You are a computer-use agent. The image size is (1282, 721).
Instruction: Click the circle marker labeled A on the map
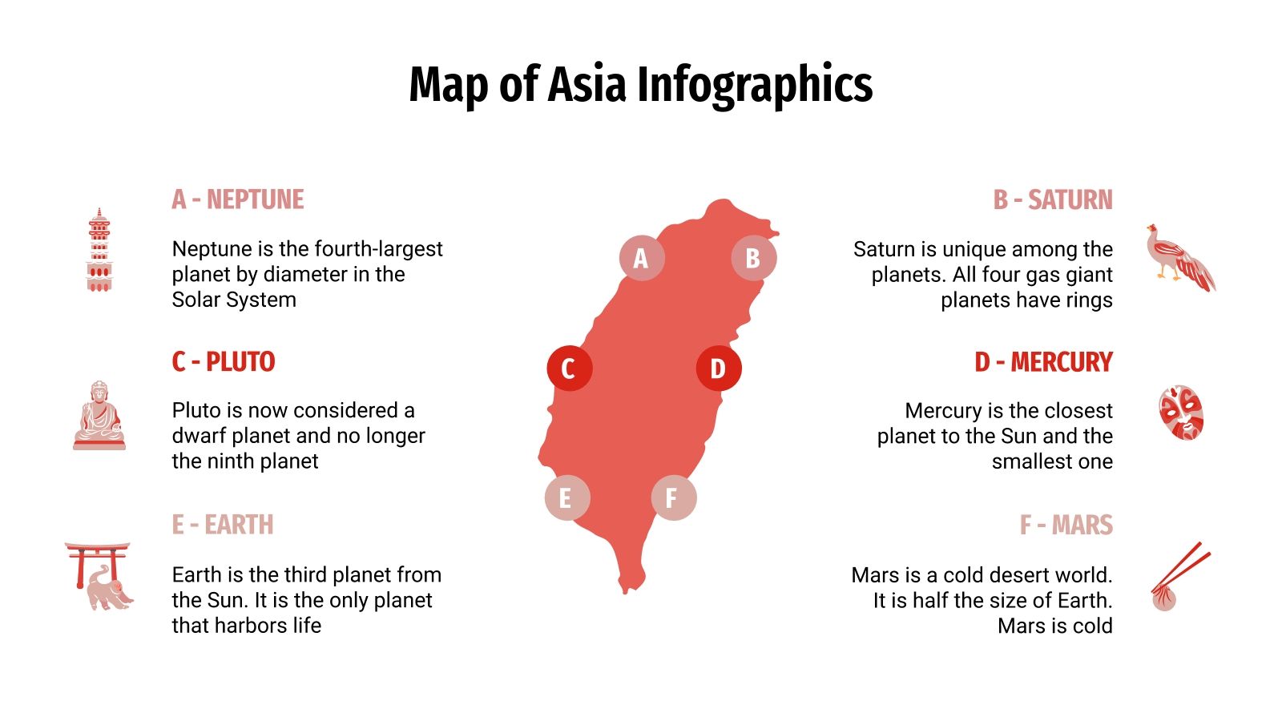[x=642, y=258]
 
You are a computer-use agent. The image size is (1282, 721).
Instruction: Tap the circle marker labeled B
[x=754, y=258]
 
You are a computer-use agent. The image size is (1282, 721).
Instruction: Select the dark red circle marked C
[x=569, y=369]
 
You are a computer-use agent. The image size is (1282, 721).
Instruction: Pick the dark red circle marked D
[x=719, y=369]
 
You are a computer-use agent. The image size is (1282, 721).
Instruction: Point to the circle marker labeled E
[x=567, y=497]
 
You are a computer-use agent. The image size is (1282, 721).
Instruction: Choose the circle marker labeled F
[x=674, y=497]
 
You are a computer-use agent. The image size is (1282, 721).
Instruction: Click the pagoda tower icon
[x=99, y=250]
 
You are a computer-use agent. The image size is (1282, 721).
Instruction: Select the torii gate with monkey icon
[x=99, y=576]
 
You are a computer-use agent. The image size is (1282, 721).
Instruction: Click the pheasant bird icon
[x=1180, y=258]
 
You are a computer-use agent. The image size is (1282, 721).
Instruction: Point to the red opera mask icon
[x=1181, y=413]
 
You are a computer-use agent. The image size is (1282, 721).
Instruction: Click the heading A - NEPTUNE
[x=238, y=199]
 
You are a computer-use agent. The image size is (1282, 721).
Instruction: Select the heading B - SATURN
[x=1053, y=199]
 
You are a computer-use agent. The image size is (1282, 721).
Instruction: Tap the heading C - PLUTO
[x=224, y=362]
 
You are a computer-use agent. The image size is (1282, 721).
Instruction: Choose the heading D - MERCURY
[x=1043, y=362]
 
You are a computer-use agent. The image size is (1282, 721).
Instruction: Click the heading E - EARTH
[x=223, y=525]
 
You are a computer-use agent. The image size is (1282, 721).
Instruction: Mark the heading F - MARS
[x=1066, y=525]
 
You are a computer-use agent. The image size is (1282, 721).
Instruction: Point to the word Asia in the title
[x=586, y=83]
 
